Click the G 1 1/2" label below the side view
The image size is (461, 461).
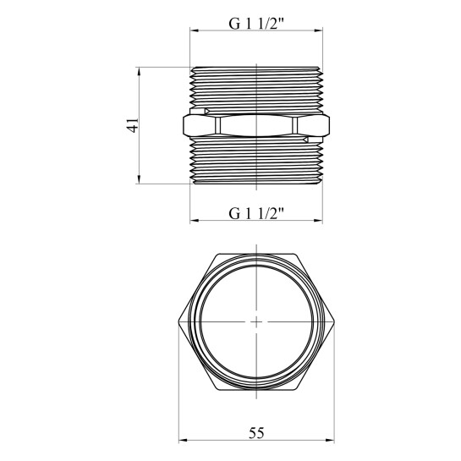[256, 213]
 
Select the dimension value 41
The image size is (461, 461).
[132, 125]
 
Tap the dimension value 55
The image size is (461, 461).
[256, 433]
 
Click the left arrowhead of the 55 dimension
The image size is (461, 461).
[184, 441]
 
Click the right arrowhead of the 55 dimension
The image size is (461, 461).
[330, 441]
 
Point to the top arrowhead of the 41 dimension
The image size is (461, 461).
[139, 71]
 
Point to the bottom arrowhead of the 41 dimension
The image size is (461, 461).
[139, 179]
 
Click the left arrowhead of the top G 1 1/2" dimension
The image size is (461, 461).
[195, 30]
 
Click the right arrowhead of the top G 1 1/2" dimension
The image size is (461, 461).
[318, 30]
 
